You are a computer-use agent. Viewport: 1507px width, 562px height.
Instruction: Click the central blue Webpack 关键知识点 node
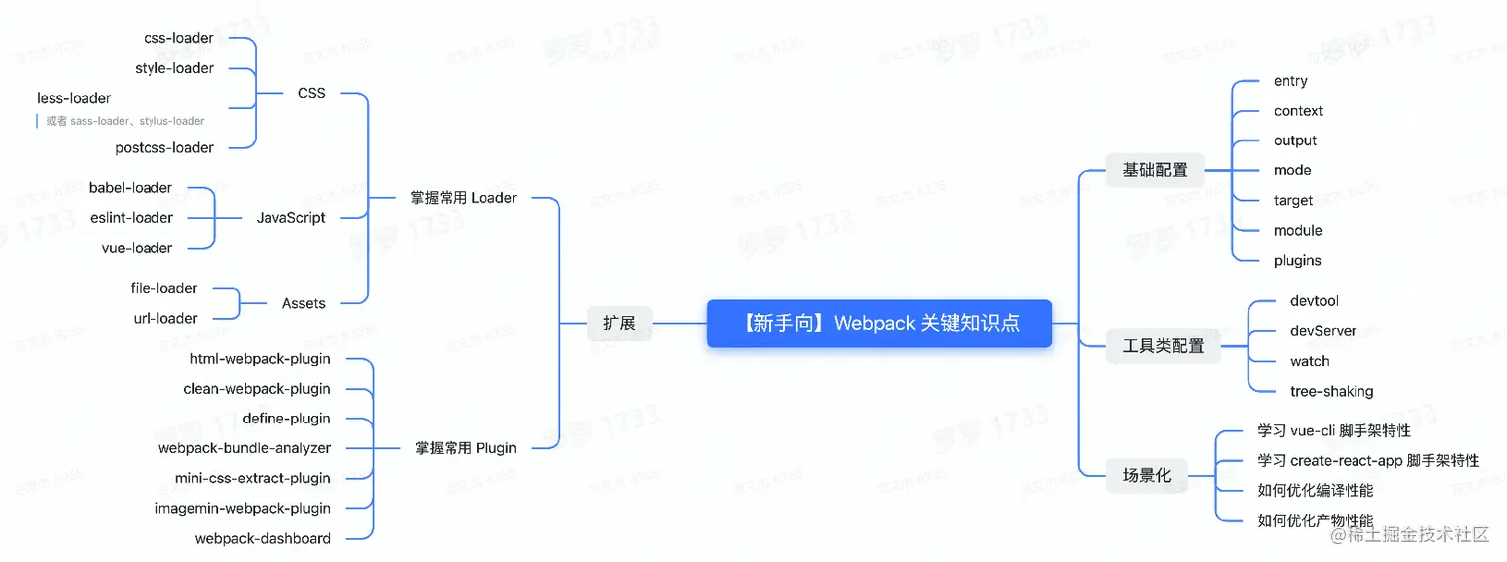pyautogui.click(x=879, y=323)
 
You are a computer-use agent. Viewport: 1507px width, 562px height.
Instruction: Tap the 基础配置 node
pyautogui.click(x=1155, y=170)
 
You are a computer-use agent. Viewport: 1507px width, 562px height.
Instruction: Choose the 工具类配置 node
pyautogui.click(x=1163, y=346)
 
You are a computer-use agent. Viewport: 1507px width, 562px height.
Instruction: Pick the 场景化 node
pyautogui.click(x=1147, y=475)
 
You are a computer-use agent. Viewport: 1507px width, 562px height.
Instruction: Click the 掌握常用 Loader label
pyautogui.click(x=463, y=198)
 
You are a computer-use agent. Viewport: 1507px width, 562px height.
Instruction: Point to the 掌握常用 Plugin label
pyautogui.click(x=465, y=448)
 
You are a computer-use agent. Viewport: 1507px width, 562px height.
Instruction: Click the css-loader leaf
pyautogui.click(x=178, y=38)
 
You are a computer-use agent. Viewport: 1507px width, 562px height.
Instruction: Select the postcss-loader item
pyautogui.click(x=164, y=147)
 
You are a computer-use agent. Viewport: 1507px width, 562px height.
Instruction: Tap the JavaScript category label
pyautogui.click(x=291, y=218)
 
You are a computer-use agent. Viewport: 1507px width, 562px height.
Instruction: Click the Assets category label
pyautogui.click(x=303, y=303)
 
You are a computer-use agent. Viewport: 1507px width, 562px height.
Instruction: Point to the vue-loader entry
pyautogui.click(x=137, y=248)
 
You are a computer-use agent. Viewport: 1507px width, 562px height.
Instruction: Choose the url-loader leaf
pyautogui.click(x=165, y=319)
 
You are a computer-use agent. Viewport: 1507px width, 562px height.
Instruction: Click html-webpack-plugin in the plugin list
pyautogui.click(x=260, y=359)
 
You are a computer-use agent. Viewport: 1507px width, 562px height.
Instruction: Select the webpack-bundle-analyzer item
pyautogui.click(x=244, y=448)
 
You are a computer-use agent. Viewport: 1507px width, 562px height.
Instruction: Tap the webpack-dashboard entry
pyautogui.click(x=262, y=539)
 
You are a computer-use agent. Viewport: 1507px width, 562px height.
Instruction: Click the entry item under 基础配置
pyautogui.click(x=1290, y=81)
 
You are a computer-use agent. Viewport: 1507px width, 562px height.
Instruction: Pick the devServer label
pyautogui.click(x=1323, y=331)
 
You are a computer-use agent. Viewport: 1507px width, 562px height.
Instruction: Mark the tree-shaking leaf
pyautogui.click(x=1332, y=391)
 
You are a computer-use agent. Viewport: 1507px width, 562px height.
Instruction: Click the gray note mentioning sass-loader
pyautogui.click(x=125, y=121)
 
